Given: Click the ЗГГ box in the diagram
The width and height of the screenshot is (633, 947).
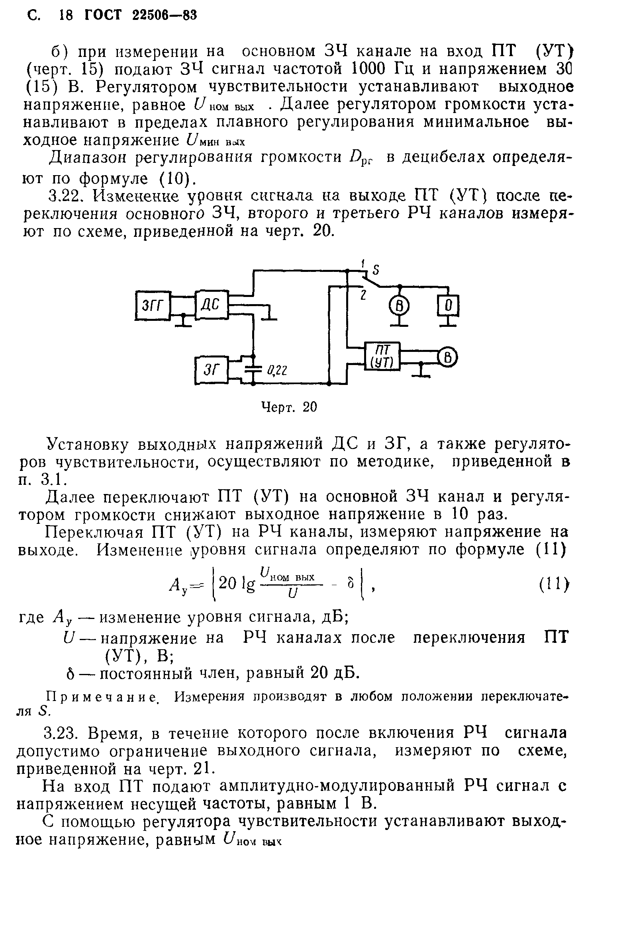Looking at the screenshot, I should [x=153, y=305].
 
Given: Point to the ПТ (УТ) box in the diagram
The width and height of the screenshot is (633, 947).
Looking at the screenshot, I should [x=382, y=356].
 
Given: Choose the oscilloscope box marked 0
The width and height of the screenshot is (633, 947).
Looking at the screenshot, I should [x=448, y=306].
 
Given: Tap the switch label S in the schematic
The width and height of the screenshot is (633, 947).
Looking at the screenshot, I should [x=376, y=270].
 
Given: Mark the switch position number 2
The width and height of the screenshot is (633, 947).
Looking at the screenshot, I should [x=363, y=295].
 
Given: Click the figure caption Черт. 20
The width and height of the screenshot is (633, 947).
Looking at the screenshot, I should [x=289, y=407].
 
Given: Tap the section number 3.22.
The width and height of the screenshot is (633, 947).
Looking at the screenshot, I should [x=67, y=195].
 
